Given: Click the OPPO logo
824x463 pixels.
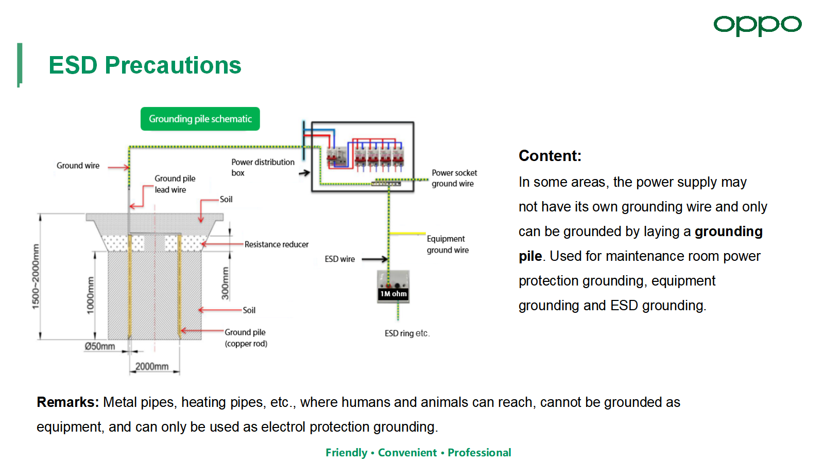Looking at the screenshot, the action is (758, 25).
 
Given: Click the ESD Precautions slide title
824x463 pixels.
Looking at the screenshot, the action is (145, 65).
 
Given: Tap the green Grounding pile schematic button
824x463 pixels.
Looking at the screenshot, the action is (200, 119).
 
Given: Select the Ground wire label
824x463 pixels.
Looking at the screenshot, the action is (78, 166).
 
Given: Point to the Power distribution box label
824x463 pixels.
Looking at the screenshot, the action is (263, 168).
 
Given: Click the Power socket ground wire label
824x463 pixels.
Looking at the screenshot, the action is (454, 178).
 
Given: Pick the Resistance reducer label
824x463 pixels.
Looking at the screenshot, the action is (277, 244).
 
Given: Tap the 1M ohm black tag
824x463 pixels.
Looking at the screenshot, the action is (393, 294).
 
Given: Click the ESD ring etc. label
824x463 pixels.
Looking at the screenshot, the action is (407, 333).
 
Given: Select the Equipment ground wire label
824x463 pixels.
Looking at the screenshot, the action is (448, 244).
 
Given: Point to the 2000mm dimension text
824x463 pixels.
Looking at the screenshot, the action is (152, 366).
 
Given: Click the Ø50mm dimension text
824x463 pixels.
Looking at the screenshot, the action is (100, 346).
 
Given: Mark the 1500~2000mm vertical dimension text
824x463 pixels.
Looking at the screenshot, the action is (36, 276).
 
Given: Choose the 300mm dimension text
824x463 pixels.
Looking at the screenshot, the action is (225, 283).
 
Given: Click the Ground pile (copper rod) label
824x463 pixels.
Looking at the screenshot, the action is (246, 337).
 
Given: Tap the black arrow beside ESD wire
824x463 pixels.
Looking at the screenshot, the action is (375, 259).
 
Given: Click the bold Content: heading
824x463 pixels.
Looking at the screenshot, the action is (550, 156).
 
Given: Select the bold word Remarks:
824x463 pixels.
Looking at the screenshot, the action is (67, 402).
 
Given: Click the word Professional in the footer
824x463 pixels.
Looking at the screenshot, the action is (479, 452).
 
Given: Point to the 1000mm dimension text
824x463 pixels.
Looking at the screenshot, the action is (91, 295).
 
